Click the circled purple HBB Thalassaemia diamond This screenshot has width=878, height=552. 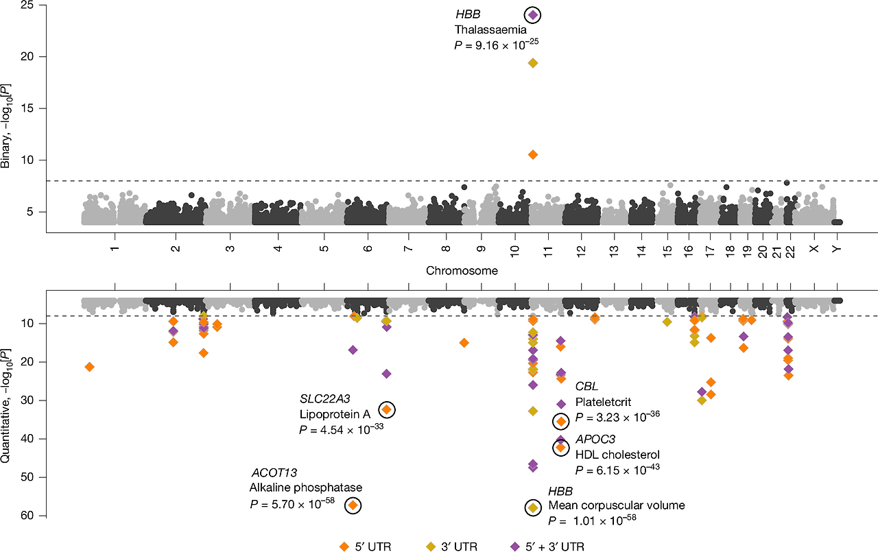coord(533,15)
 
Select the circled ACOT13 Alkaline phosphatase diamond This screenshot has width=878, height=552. coord(353,505)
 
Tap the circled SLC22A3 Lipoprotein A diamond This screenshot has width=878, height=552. coord(387,410)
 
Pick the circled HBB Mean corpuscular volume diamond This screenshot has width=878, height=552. coord(533,507)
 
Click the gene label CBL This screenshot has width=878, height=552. coord(586,386)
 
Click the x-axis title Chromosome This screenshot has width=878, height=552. coord(462,271)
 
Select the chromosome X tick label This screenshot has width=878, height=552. coord(814,249)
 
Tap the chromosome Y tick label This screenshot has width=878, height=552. coord(837,249)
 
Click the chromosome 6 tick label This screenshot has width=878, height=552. coord(368,249)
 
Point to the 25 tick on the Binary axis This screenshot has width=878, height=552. coord(27,5)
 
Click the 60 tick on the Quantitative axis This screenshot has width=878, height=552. coord(27,516)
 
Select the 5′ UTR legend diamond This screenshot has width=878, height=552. coord(344,547)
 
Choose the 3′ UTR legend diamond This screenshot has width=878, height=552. coord(431,547)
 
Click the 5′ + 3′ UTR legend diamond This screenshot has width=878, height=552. coord(514,547)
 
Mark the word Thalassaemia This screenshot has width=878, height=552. coord(490,29)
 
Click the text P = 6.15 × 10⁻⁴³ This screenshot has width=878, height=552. coord(617,469)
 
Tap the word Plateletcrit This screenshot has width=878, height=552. coord(603,402)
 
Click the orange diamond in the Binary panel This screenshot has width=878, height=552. coord(533,155)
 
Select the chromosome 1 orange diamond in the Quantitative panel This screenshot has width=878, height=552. coord(89,367)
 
